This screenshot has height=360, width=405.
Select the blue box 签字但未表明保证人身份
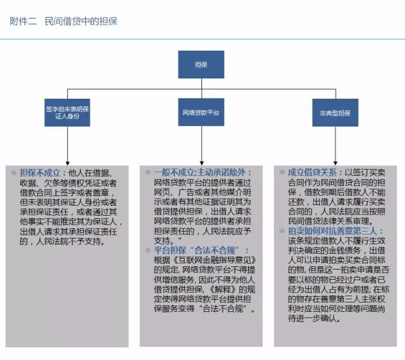(x=68, y=113)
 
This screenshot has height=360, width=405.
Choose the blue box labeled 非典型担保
(x=335, y=113)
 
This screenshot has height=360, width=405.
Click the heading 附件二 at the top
(x=23, y=22)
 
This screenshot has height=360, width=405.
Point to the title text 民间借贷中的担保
(x=81, y=22)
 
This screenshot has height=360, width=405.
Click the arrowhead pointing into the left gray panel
(x=67, y=163)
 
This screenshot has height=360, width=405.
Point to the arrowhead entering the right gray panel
(x=335, y=163)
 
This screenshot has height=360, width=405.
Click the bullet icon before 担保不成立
(x=15, y=172)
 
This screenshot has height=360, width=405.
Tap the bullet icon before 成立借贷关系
(x=282, y=172)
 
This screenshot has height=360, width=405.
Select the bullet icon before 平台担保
(x=148, y=251)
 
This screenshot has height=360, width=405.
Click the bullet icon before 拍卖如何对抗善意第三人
(x=282, y=232)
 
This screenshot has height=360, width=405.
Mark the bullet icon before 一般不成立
(x=148, y=172)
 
